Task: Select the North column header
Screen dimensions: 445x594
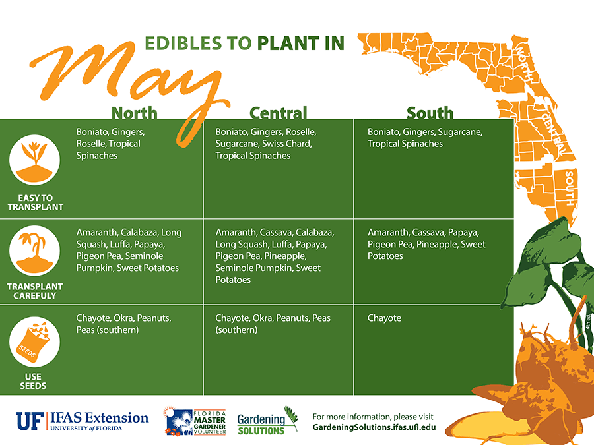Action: tap(134, 113)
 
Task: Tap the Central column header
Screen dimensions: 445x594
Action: tap(278, 113)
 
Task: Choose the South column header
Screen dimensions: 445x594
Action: tap(430, 113)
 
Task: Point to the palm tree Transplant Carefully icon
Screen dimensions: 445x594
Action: tap(34, 251)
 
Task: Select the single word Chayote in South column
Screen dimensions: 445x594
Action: tap(384, 318)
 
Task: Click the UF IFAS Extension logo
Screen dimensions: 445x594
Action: tap(82, 421)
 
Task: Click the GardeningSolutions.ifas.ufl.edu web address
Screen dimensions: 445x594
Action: tap(374, 427)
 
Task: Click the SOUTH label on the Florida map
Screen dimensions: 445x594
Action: tap(569, 189)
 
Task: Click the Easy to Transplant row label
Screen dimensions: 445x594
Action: tap(35, 202)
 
